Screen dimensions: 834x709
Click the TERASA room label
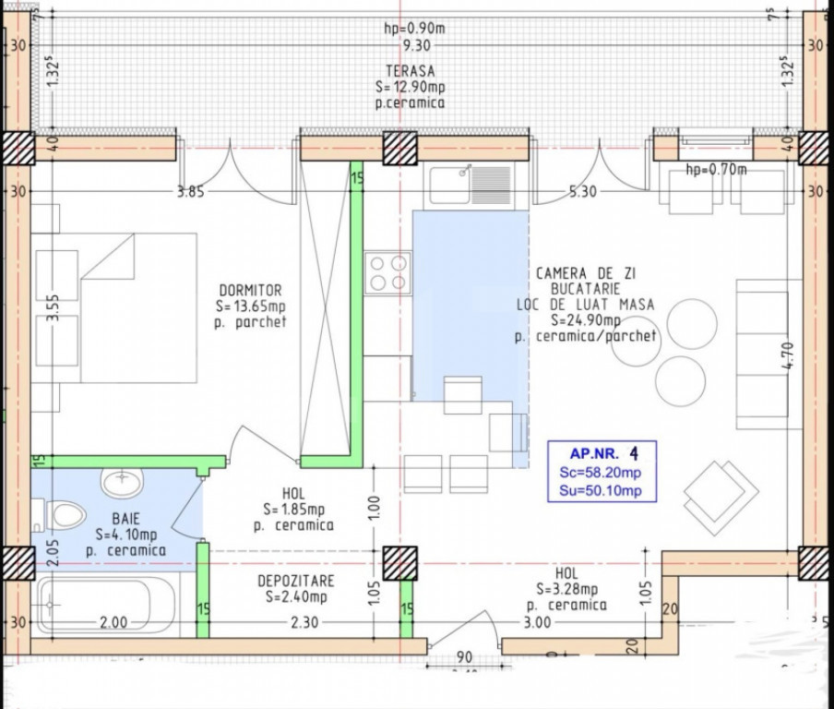coord(411,71)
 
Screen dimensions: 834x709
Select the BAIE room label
coord(126,519)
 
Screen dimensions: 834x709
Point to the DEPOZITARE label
coord(296,581)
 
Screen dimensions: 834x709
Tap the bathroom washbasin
coord(122,482)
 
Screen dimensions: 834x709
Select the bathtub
coord(106,606)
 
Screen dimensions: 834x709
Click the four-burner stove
coord(387,273)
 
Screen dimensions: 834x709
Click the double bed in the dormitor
coord(138,307)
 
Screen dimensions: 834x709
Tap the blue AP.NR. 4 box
coord(602,472)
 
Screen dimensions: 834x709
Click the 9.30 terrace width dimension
coord(416,46)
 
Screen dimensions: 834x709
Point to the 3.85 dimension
coord(190,192)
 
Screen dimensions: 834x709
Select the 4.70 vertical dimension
coord(789,355)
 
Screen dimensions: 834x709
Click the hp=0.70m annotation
coord(716,170)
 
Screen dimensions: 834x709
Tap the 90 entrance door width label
coord(464,656)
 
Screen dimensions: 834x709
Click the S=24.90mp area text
coord(586,320)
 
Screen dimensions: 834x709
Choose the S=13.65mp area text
coord(251,306)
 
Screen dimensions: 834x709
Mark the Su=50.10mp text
coord(600,490)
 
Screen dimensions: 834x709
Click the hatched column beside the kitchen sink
coord(400,148)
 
